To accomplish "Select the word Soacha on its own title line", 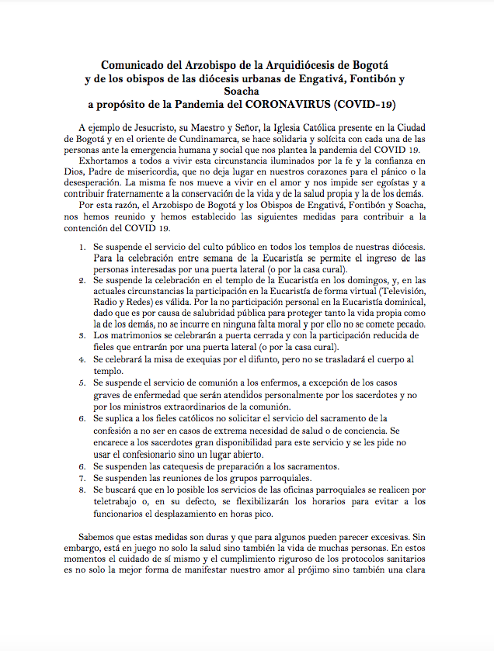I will (247, 92).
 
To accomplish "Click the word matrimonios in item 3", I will (128, 334).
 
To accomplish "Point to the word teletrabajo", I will (119, 502).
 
